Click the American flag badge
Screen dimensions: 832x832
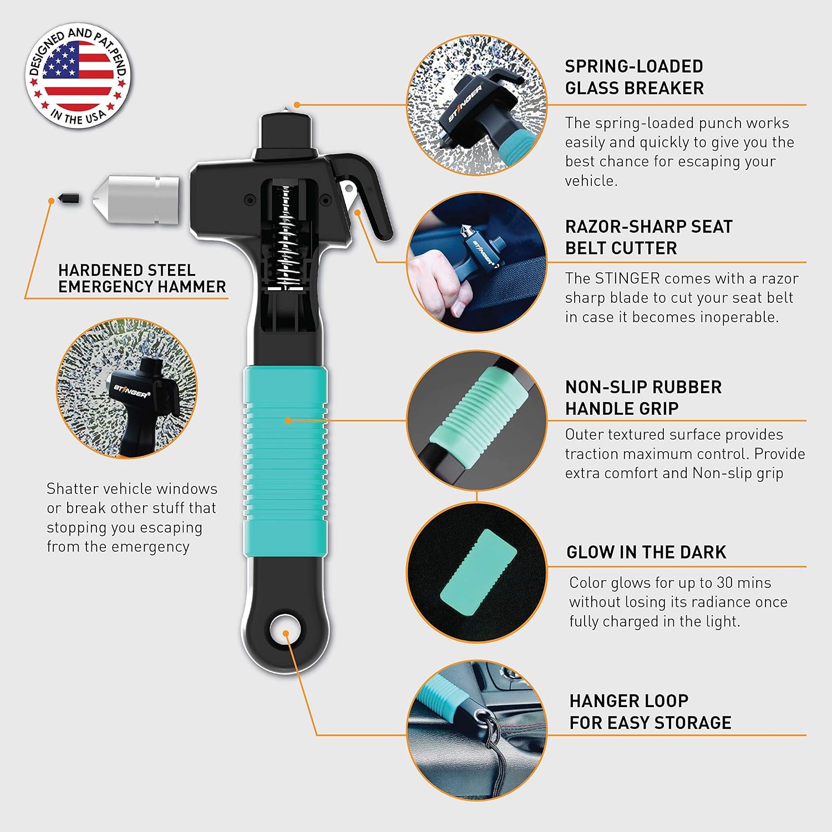78,75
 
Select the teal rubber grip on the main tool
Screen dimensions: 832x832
285,463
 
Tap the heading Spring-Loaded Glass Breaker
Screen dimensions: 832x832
634,77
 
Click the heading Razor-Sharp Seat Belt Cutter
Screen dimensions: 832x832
648,237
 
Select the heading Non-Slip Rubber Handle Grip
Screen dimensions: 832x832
643,397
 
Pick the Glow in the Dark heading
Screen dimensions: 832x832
646,552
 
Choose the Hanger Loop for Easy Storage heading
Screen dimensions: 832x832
650,712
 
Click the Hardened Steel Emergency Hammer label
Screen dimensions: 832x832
142,278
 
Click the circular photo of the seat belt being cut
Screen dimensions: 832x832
477,262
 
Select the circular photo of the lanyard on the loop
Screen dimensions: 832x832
477,730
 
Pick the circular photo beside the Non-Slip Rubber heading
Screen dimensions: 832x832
477,420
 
